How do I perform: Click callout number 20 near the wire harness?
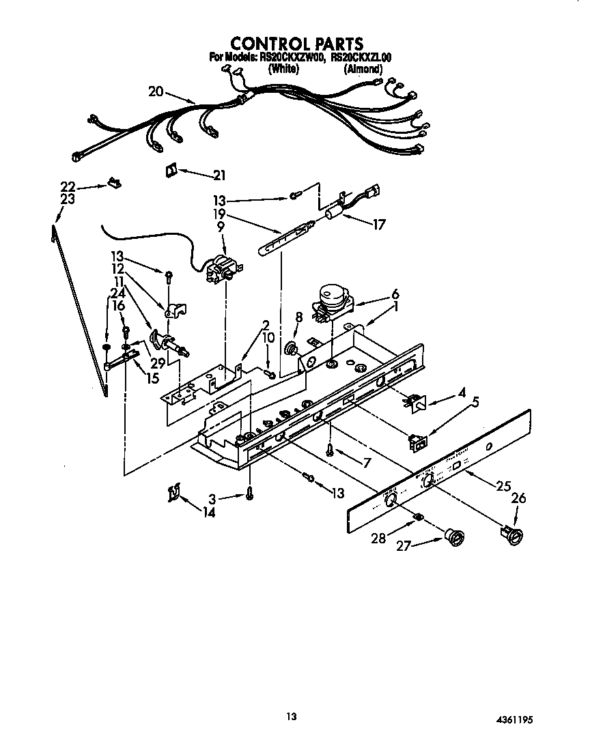pos(156,91)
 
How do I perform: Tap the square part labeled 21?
pos(171,171)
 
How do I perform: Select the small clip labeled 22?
pos(114,183)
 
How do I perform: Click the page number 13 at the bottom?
pos(292,716)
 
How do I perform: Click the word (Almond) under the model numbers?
pos(363,68)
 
